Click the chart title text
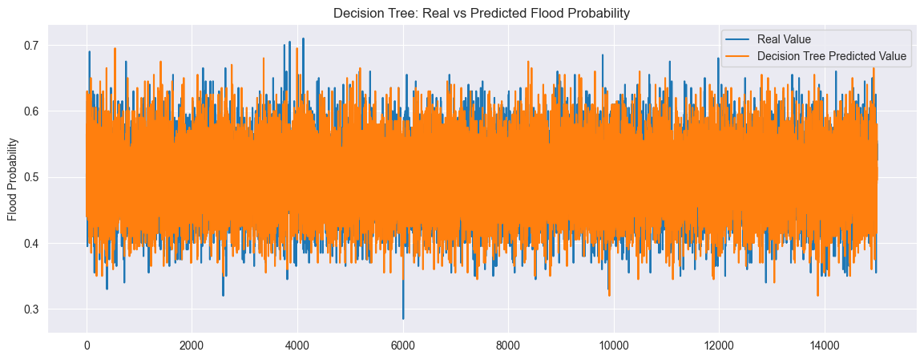click(482, 13)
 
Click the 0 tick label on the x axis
click(87, 345)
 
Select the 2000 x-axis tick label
click(192, 345)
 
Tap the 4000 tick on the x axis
click(297, 345)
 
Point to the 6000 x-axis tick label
click(402, 345)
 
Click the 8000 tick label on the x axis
click(508, 345)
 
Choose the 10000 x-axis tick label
click(613, 345)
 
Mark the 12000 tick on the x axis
click(719, 345)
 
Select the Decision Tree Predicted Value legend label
click(831, 57)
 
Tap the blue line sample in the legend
click(739, 39)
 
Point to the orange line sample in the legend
click(739, 57)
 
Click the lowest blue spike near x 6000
click(403, 319)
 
